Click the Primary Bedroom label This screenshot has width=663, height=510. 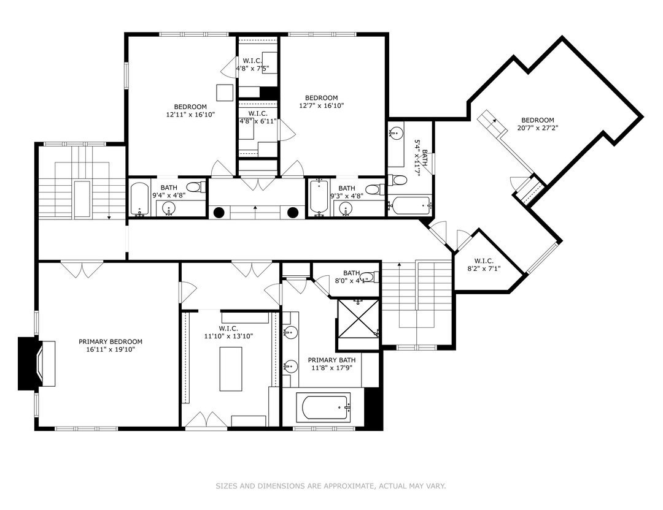click(110, 341)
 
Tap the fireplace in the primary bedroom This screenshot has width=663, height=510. click(37, 363)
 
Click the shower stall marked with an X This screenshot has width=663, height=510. click(358, 319)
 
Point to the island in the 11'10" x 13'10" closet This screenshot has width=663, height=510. click(231, 369)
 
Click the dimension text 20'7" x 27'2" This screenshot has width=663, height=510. click(537, 128)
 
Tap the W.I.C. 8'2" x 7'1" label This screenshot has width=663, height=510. click(484, 264)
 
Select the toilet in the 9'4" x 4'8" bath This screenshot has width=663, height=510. click(195, 186)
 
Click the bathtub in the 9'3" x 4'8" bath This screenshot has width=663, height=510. click(317, 197)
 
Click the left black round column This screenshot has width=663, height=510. click(219, 213)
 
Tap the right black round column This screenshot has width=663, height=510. click(293, 213)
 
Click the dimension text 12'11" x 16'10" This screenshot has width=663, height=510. click(191, 114)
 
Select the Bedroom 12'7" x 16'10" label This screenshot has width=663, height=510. click(321, 102)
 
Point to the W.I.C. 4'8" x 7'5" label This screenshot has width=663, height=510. click(252, 64)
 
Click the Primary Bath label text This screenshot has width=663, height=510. click(331, 360)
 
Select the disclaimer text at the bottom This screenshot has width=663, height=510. click(331, 486)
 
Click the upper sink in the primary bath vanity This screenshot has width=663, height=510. click(290, 332)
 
